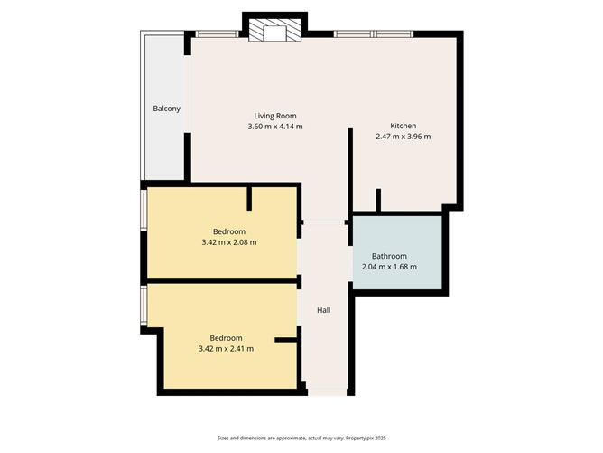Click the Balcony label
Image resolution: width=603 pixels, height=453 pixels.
pos(166,109)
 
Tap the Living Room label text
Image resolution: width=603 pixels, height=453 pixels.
pos(274,116)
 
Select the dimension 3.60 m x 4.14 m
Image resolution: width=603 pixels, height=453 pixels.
pos(274,127)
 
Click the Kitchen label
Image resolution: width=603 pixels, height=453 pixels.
pos(403,126)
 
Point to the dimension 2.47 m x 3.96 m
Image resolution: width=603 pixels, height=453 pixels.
pos(403,137)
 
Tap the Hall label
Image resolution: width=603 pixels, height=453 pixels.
pos(323,310)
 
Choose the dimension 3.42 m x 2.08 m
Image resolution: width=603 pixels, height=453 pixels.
pos(229,242)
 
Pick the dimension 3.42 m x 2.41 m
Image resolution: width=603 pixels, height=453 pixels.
pos(226,348)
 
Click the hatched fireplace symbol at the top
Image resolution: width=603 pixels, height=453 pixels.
pos(274,31)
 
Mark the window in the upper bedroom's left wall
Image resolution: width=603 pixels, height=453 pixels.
pos(144,210)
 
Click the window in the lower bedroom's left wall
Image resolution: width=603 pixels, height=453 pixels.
pos(144,307)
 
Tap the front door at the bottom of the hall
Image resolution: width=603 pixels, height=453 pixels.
pos(327,392)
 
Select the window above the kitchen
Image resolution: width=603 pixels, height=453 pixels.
pos(374,34)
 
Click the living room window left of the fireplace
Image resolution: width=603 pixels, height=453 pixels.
pos(217,34)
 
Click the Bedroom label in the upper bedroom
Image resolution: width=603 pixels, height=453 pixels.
pos(229,231)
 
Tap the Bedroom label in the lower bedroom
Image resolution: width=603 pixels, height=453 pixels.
pos(226,337)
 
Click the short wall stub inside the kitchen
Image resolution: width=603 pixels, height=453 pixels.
pos(378,200)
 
